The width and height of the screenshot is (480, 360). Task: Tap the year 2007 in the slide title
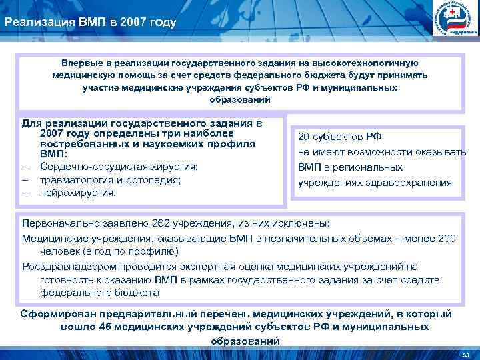[x=123, y=23]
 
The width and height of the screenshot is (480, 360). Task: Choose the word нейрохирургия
[x=77, y=193]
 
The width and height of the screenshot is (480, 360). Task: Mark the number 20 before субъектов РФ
[x=303, y=137]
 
